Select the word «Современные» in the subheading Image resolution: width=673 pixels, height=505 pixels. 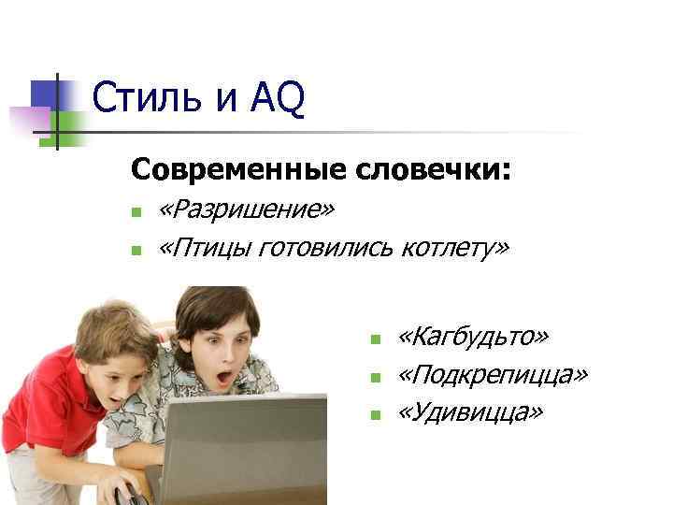pos(240,170)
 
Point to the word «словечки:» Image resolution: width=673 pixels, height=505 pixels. pos(433,170)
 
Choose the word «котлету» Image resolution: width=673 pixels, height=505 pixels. pos(455,248)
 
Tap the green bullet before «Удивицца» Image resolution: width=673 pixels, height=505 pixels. pos(374,414)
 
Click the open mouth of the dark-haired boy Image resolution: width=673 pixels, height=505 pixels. pos(225,380)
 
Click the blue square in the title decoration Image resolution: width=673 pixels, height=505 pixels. pos(46,93)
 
